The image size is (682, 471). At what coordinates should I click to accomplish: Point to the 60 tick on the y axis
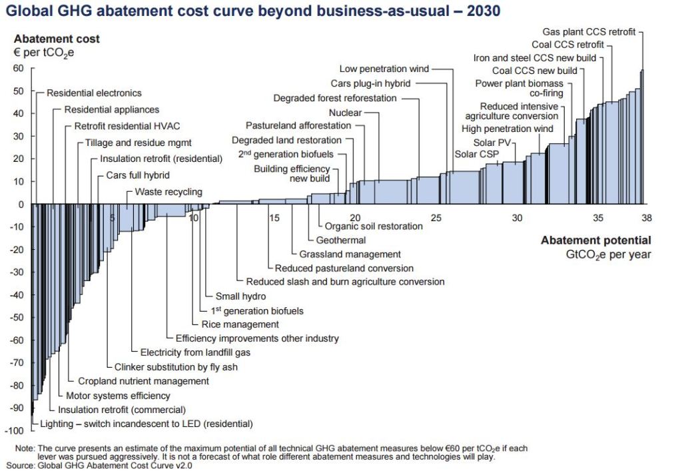18,69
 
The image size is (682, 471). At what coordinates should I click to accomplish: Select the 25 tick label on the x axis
436,218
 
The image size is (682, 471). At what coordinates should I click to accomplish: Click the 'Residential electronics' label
94,93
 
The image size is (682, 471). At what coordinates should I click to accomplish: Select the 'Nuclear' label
345,113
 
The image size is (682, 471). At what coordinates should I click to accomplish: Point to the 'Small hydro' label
240,296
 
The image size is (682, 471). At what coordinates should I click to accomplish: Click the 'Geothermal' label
341,240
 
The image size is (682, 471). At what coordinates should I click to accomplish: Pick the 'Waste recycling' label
169,192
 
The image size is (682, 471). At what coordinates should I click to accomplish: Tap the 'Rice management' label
240,324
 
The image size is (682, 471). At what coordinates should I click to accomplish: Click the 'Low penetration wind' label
384,69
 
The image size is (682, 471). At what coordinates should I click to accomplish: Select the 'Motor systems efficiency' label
118,396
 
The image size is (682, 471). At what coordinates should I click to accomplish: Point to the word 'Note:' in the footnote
25,448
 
